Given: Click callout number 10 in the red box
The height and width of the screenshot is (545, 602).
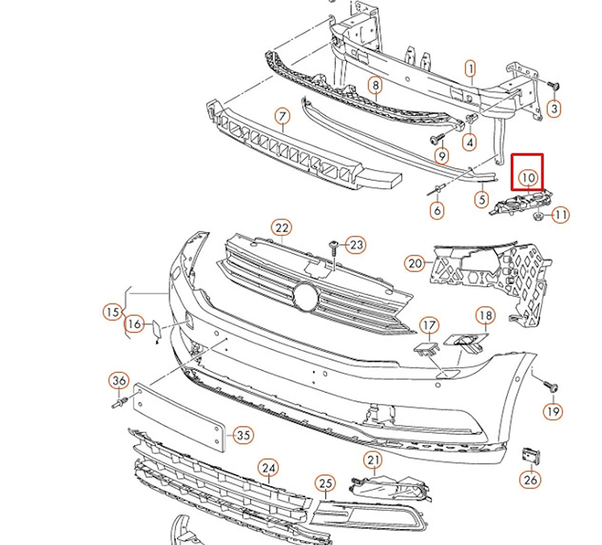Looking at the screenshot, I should (x=528, y=177).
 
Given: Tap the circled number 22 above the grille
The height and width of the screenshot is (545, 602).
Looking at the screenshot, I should (x=282, y=228).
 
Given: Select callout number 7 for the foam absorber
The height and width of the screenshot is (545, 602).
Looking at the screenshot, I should (x=282, y=117).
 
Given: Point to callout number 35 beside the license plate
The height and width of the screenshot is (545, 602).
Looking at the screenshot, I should (x=243, y=435).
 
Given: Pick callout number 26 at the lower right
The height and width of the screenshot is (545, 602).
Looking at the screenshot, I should (x=531, y=479).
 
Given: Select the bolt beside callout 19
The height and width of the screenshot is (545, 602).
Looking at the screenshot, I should (x=551, y=386).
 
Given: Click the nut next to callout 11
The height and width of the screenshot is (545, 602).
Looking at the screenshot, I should (x=538, y=217).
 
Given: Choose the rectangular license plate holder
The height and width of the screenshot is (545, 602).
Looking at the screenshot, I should (x=179, y=416).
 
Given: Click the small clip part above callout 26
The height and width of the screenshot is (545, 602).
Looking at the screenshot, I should (x=530, y=456).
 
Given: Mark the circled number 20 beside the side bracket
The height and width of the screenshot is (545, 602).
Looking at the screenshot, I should (x=415, y=263).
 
